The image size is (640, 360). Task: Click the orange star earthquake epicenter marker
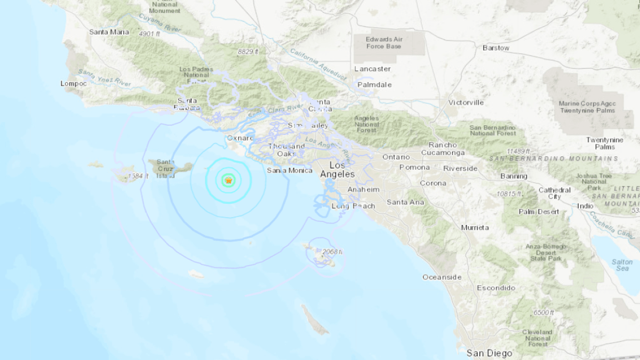pos(228,181)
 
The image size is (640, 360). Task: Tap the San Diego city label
pos(489,353)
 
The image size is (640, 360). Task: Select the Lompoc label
pos(74,83)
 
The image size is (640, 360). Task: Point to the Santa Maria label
pos(109,32)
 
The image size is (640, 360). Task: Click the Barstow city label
pos(496,48)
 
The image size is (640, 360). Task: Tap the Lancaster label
pos(372,69)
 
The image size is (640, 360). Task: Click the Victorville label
pos(466,102)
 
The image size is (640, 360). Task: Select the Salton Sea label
pos(622,265)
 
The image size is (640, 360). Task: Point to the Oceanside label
pos(442,277)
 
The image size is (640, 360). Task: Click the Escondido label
pos(496,288)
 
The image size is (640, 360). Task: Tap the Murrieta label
pos(475,228)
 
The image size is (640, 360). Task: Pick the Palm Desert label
pos(539,212)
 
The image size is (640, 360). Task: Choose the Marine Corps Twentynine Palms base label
pos(587,107)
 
